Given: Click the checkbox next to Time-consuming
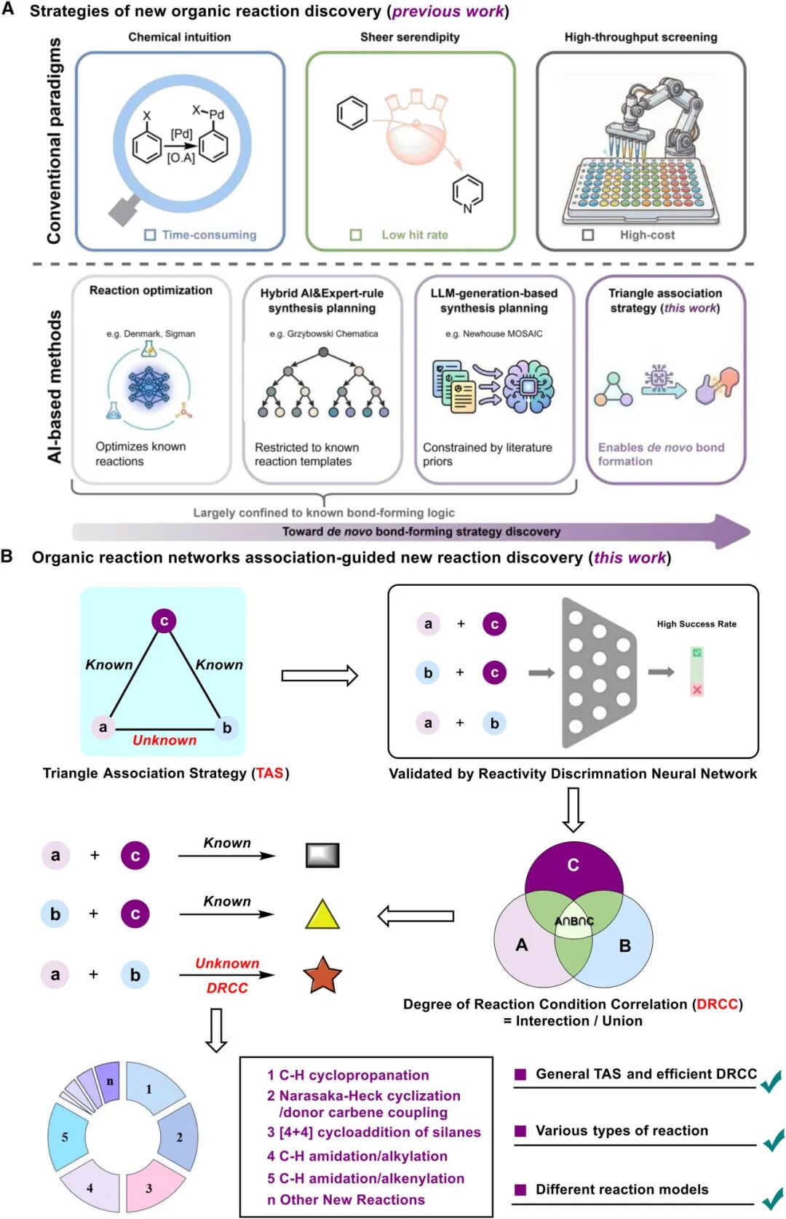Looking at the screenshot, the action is point(150,234).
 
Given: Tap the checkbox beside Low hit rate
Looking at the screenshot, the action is point(355,234).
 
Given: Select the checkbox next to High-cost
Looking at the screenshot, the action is point(587,234).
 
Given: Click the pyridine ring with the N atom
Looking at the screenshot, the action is point(467,194).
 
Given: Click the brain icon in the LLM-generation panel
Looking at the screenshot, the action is point(528,387).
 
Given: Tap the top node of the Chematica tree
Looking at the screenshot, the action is point(323,352).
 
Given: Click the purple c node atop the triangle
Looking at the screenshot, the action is point(164,621).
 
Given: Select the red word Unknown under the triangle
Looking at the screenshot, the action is point(164,740).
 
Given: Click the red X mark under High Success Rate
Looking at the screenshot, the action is point(696,689).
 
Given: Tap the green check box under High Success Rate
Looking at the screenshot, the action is point(696,652).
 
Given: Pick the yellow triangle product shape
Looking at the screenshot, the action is point(322,914).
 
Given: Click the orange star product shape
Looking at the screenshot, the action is point(322,975).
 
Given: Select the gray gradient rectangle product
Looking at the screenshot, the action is point(322,855).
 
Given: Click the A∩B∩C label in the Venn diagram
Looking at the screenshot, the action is point(573,921).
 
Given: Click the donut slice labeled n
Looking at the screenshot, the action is point(108,1082).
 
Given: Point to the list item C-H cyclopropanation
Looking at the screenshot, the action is point(348,1075).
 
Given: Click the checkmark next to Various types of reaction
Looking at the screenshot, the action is point(773,1140).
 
